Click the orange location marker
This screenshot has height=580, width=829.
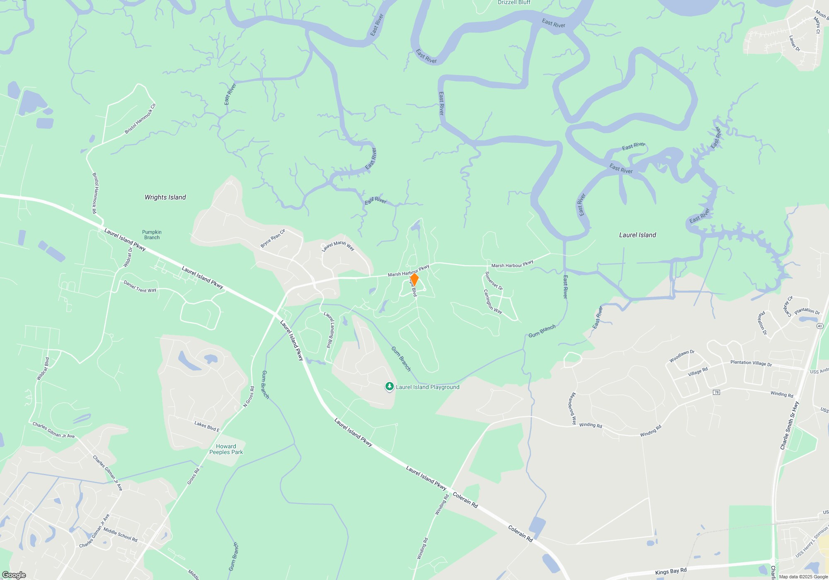tap(414, 279)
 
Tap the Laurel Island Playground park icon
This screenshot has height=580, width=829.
tap(389, 387)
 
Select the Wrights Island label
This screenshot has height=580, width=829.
tap(165, 197)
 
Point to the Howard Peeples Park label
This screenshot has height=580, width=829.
tap(226, 449)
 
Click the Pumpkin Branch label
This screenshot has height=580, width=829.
tap(152, 235)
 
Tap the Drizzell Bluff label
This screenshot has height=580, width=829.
tap(514, 2)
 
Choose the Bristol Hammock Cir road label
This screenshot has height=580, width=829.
tap(140, 119)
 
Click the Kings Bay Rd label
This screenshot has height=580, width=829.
tap(671, 571)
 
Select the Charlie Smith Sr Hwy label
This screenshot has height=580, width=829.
tap(788, 425)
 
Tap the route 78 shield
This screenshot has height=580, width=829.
tap(716, 392)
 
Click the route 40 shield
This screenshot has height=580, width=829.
tap(819, 326)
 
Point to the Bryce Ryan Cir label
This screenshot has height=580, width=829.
tap(273, 238)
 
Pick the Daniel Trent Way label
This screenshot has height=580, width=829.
tap(140, 287)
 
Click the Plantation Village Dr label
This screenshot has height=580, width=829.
tap(751, 363)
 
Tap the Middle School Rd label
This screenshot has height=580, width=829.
tap(120, 535)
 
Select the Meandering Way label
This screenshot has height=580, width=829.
tap(573, 408)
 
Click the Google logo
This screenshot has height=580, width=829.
tap(14, 575)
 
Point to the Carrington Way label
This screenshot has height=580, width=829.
tap(493, 301)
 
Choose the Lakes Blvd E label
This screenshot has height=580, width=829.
tap(207, 426)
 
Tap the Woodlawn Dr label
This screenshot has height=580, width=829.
tap(682, 356)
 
